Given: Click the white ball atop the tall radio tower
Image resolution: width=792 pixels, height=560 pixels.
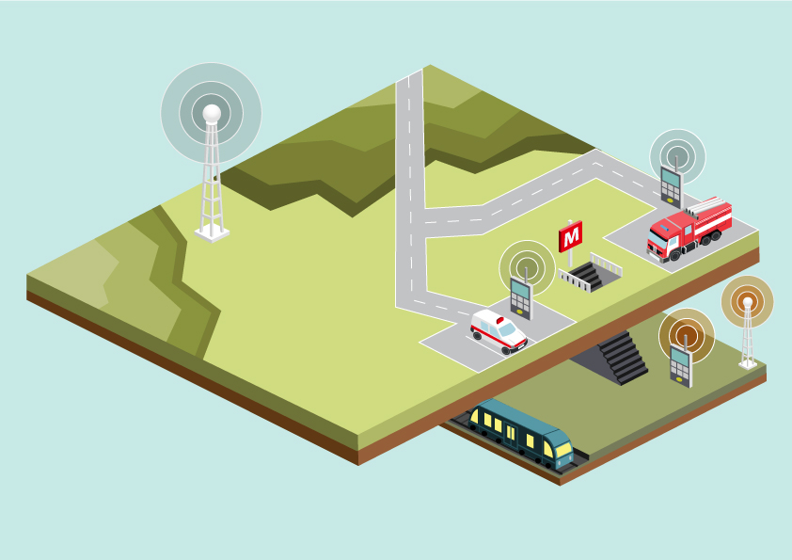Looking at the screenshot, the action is [x=212, y=114].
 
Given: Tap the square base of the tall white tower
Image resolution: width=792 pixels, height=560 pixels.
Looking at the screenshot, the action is [x=212, y=234].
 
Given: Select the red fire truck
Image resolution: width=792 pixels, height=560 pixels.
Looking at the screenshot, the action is [x=689, y=230].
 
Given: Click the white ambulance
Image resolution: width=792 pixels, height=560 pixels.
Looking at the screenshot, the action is [x=499, y=331].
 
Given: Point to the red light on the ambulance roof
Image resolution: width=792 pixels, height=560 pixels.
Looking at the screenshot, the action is [x=500, y=320].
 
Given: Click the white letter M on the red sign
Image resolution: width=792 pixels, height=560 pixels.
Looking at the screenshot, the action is [x=571, y=236].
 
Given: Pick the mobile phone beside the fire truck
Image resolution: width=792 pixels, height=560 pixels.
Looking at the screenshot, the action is [x=672, y=184].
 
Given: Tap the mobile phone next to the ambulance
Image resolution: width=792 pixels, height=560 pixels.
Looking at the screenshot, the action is [x=522, y=297].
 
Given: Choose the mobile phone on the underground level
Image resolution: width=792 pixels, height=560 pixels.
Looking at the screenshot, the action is [x=681, y=364].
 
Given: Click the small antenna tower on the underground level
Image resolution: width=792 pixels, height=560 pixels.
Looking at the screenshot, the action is [x=748, y=333].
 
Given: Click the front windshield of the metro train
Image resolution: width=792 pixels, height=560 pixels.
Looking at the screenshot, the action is [x=562, y=449].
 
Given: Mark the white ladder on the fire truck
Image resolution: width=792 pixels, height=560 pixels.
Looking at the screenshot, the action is [x=708, y=206].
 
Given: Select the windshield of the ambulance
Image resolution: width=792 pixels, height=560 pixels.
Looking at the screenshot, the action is [x=507, y=329].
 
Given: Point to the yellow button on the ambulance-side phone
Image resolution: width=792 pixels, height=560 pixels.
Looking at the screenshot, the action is [x=520, y=312].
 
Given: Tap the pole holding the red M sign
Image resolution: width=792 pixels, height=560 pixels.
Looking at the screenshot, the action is [x=570, y=258].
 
